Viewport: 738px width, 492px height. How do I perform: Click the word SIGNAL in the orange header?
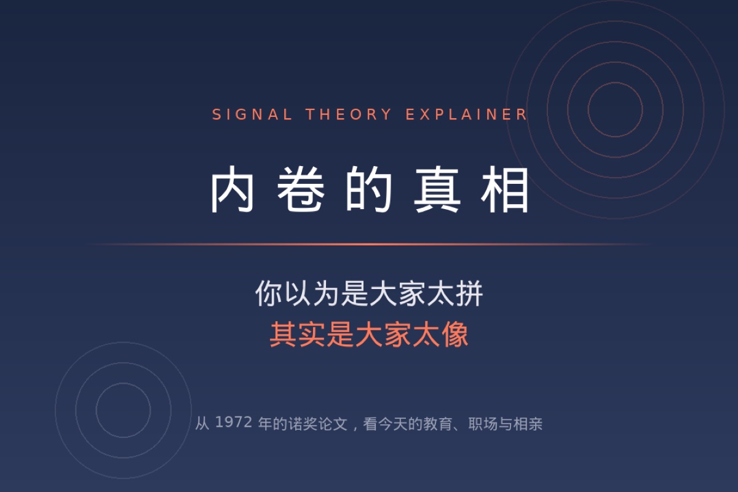[x=252, y=114]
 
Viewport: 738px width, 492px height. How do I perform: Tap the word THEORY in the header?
[x=349, y=114]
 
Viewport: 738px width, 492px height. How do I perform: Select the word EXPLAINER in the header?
[x=466, y=114]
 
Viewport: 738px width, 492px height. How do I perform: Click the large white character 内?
[x=232, y=189]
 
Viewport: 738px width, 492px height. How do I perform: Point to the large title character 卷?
[x=301, y=189]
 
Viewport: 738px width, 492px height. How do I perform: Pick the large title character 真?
[x=437, y=189]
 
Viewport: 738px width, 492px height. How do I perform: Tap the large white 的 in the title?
[x=368, y=189]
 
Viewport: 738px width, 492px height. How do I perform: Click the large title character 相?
[x=504, y=189]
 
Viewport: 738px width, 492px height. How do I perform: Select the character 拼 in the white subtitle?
[x=469, y=293]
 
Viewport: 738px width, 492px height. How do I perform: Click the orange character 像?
[x=455, y=334]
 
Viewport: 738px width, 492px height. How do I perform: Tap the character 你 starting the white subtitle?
[x=269, y=293]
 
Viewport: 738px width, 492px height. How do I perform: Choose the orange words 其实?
[x=298, y=334]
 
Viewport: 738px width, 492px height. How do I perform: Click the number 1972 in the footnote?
[x=234, y=423]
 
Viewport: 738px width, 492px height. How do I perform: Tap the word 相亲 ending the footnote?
[x=528, y=424]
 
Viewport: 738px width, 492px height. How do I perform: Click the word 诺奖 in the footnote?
[x=303, y=424]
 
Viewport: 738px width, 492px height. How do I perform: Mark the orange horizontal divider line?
[x=369, y=244]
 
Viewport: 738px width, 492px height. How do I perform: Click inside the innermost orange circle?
[x=615, y=109]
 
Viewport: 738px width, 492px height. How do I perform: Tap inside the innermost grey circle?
[x=123, y=410]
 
